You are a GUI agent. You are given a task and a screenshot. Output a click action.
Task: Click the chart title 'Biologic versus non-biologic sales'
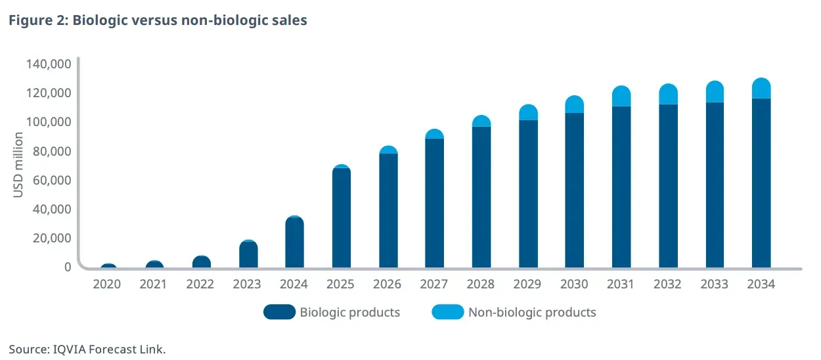pos(190,20)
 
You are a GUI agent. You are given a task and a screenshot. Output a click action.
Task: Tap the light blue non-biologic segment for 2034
pos(761,89)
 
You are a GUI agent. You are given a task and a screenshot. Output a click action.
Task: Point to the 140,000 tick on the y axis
pos(49,64)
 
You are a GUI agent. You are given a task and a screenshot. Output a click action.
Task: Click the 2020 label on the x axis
pos(108,284)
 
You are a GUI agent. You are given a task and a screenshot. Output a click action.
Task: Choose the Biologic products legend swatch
pos(279,312)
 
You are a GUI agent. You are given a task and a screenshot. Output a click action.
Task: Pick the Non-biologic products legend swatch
pos(447,312)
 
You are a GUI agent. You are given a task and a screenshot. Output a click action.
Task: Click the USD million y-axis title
pos(18,165)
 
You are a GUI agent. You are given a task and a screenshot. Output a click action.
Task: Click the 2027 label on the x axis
pos(434,284)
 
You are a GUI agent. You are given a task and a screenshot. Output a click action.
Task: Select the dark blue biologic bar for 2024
pos(295,243)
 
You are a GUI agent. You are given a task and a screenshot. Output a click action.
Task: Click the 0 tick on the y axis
pos(67,267)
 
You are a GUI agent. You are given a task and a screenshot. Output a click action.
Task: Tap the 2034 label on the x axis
pos(761,284)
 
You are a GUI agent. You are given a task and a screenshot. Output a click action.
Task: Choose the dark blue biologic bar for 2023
pos(248,255)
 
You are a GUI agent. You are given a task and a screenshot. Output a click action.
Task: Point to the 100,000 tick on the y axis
pos(49,122)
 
